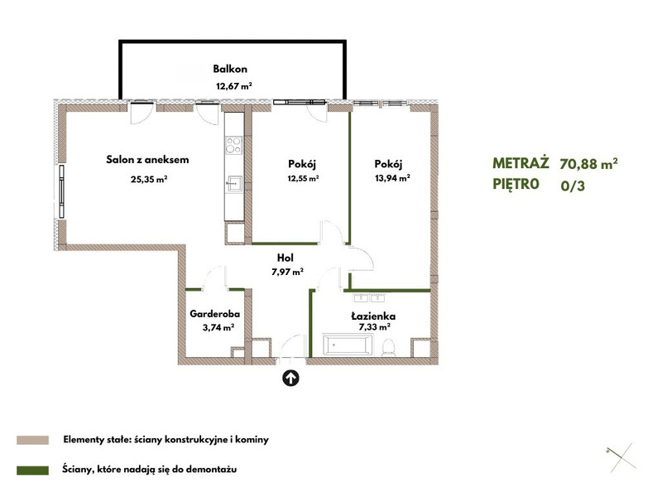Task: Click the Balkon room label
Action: pos(230,69)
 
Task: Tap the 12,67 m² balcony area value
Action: pos(234,86)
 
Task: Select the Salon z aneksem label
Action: pos(147,160)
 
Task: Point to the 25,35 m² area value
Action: pos(149,179)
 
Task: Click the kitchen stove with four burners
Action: pos(234,144)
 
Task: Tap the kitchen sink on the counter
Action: pos(234,184)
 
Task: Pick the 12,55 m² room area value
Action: pos(303,178)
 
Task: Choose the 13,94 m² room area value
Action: pos(392,178)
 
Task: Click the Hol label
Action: pos(285,258)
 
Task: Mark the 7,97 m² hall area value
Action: pos(287,273)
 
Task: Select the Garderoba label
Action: pos(215,314)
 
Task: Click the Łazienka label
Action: pos(373,316)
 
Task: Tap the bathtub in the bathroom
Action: pos(348,345)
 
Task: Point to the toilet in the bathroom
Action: pos(388,347)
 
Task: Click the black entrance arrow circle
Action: pos(290,379)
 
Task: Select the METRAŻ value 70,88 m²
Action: pos(589,163)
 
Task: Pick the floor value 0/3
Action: pos(573,186)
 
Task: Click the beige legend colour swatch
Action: pos(32,440)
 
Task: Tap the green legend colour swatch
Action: pos(32,470)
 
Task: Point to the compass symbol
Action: pos(621,458)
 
